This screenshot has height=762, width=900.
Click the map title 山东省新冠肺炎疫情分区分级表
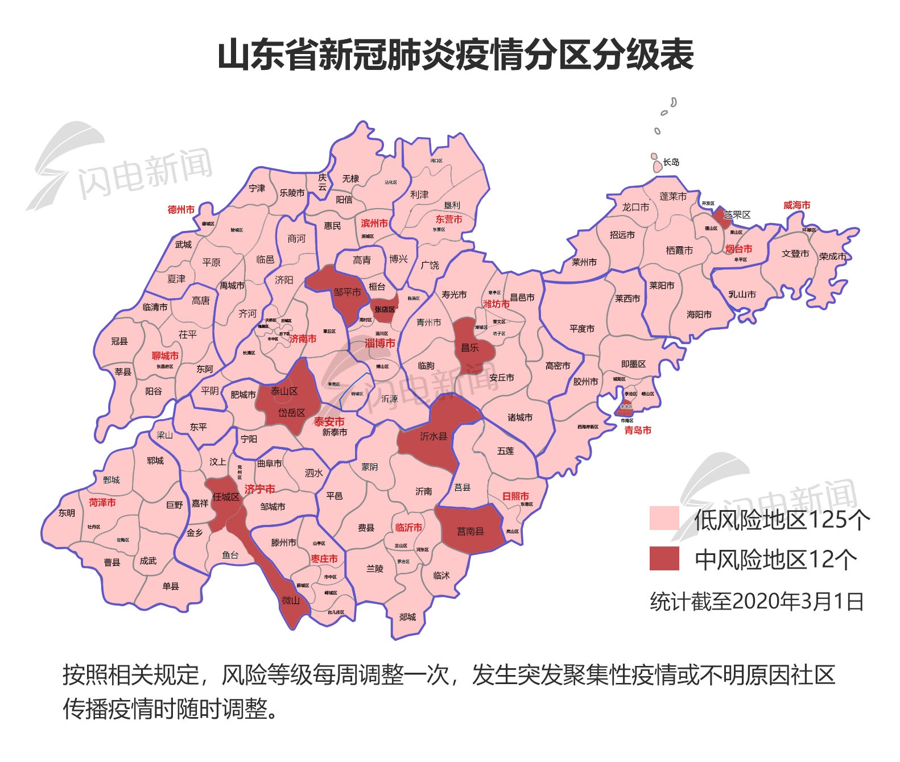(x=456, y=55)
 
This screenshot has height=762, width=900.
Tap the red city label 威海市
(x=796, y=205)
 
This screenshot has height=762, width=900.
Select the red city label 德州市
(x=181, y=209)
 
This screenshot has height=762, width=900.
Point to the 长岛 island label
(x=671, y=162)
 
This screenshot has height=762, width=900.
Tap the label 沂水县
(x=434, y=436)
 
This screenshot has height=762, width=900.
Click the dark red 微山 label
(x=291, y=600)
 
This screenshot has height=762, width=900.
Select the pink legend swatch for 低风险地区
(x=664, y=518)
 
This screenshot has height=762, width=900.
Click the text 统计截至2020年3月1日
(x=757, y=601)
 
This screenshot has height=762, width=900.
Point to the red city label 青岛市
(x=638, y=430)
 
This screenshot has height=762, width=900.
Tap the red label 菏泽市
(x=102, y=502)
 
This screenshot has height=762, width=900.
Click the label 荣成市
(x=832, y=256)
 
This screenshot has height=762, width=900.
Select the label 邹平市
(x=347, y=292)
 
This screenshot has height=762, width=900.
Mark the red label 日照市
(x=515, y=496)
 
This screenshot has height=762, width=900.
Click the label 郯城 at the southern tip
(x=407, y=616)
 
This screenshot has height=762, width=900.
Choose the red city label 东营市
(x=449, y=219)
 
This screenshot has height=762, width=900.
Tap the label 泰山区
(x=284, y=391)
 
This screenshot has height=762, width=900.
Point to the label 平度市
(x=581, y=329)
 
